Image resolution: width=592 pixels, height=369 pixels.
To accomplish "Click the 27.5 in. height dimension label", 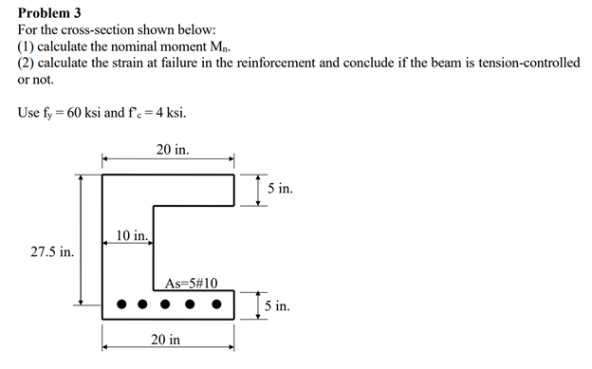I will click(x=52, y=251).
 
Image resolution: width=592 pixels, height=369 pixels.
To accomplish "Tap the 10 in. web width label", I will click(x=132, y=234).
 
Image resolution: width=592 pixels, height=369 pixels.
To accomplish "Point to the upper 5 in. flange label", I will click(x=280, y=189).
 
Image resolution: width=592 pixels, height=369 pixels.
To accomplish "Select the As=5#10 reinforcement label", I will click(x=191, y=283).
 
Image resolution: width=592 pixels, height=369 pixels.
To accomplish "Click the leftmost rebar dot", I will click(x=121, y=305).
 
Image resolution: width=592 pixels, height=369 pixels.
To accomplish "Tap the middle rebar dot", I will click(x=166, y=305).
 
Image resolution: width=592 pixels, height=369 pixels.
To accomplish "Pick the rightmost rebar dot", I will click(x=217, y=305).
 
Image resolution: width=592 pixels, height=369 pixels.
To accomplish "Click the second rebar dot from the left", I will click(x=142, y=305).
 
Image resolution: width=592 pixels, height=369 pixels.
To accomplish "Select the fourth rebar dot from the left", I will click(x=192, y=305).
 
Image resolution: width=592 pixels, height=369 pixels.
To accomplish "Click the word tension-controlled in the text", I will click(x=525, y=63).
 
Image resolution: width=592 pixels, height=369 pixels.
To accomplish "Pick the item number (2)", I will click(x=27, y=63).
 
